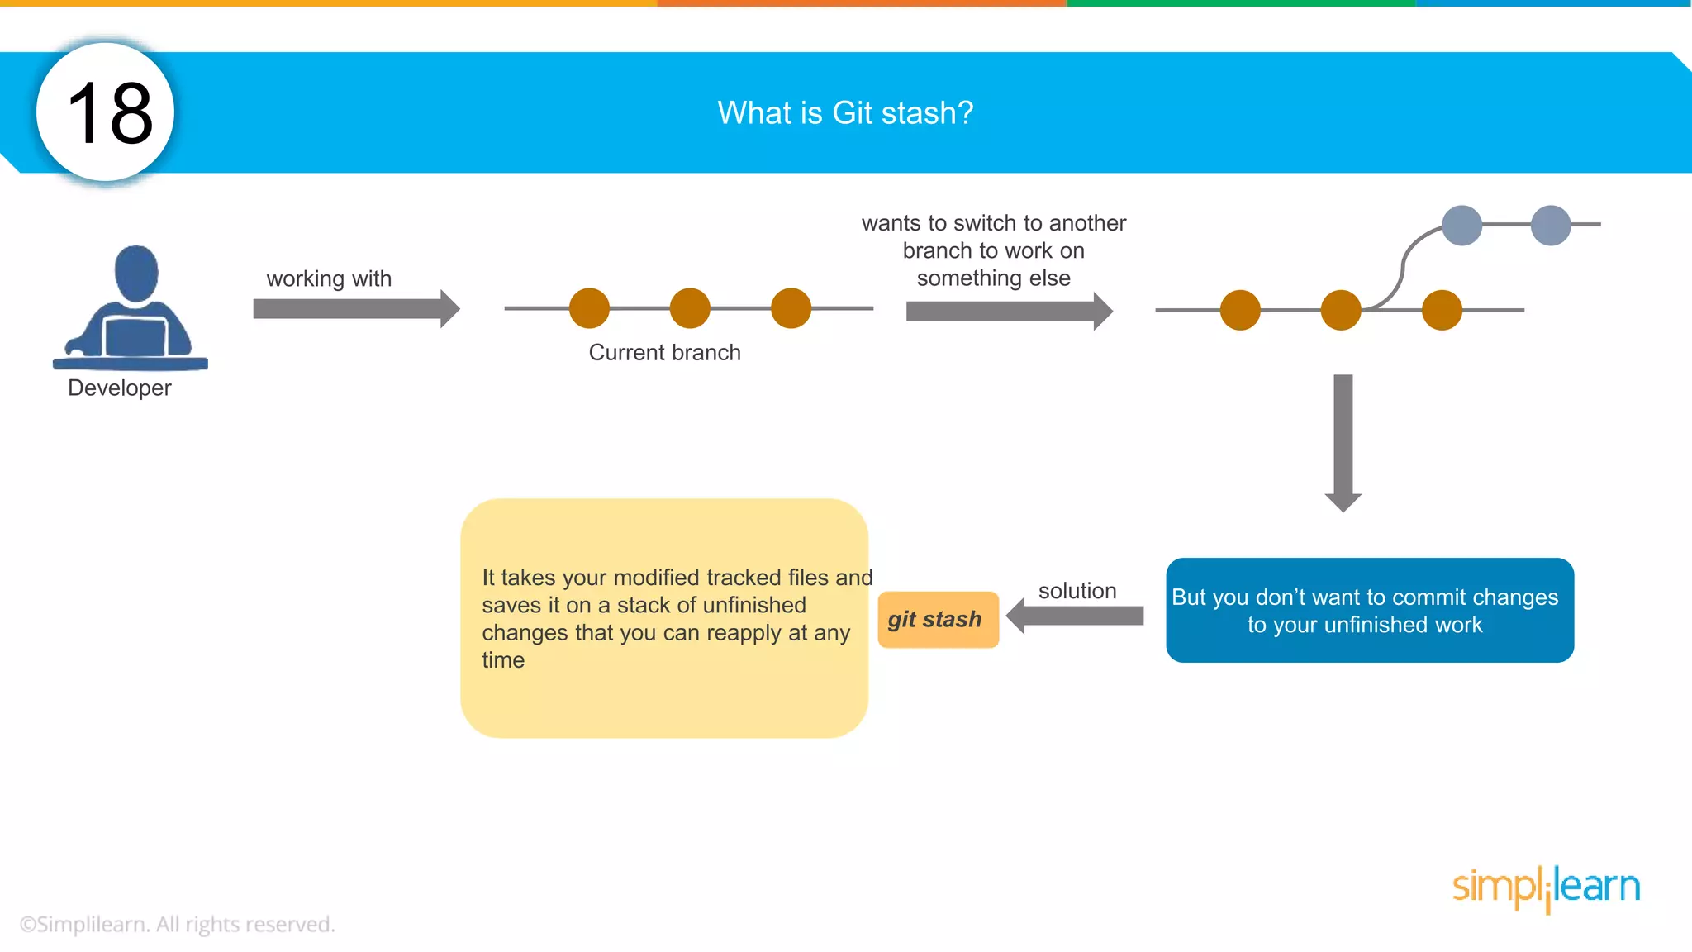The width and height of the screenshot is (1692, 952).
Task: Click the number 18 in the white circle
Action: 109,113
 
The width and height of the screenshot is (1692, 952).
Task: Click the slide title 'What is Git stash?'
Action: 845,112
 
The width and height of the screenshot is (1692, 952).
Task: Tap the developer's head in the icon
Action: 136,272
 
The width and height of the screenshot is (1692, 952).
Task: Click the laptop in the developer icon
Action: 135,336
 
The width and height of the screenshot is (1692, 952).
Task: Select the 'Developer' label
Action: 120,388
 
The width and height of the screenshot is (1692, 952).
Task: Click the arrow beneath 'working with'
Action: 356,309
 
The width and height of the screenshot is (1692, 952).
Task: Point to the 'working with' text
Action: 329,278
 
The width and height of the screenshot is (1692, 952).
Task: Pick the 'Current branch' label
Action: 664,352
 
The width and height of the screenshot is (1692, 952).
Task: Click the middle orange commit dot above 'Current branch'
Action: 690,308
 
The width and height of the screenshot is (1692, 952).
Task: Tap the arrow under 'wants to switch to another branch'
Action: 1009,312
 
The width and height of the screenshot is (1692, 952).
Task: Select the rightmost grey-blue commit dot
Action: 1551,225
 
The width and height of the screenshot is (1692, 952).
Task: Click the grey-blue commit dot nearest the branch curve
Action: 1461,225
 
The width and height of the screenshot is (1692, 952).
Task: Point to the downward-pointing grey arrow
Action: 1343,442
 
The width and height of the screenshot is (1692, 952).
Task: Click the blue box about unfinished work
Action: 1369,610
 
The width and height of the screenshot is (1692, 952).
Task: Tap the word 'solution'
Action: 1077,591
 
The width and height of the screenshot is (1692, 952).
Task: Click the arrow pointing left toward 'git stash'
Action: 1075,616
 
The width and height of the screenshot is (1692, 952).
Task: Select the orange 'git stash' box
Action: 938,619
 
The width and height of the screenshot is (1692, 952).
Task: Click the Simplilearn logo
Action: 1546,888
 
